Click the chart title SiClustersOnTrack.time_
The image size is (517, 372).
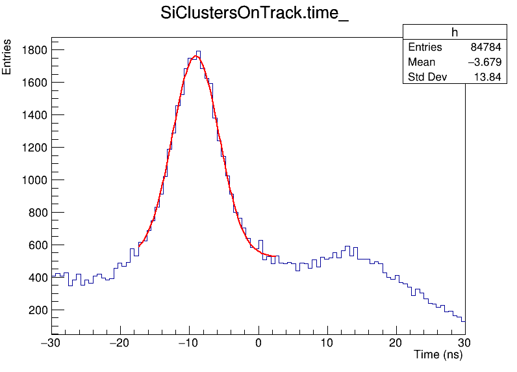click(x=255, y=14)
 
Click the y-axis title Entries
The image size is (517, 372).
click(x=7, y=57)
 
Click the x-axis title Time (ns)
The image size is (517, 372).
click(x=438, y=355)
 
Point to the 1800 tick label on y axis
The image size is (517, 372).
click(x=32, y=50)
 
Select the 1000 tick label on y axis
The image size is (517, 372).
click(x=32, y=180)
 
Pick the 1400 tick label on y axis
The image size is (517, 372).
click(x=32, y=115)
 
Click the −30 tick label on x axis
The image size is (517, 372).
click(x=51, y=343)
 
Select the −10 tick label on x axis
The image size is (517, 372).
click(x=189, y=343)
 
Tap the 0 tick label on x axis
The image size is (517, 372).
click(x=258, y=343)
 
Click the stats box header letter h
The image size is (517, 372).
click(x=455, y=33)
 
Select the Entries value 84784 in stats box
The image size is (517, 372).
click(x=485, y=47)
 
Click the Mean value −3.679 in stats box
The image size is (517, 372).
click(x=485, y=62)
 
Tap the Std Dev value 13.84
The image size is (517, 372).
click(x=489, y=77)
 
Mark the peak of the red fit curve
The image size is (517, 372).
click(x=196, y=57)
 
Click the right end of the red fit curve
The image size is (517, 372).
click(x=279, y=256)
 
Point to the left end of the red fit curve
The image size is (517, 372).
click(x=139, y=246)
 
